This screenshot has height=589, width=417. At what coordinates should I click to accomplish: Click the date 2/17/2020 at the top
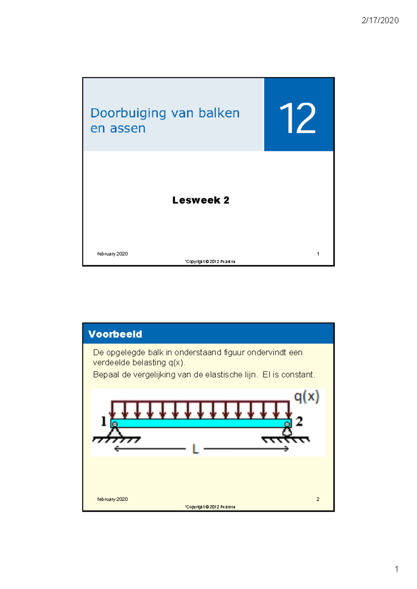point(380,20)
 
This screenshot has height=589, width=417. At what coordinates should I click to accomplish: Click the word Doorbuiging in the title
point(128,113)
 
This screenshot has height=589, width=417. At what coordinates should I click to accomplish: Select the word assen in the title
point(128,128)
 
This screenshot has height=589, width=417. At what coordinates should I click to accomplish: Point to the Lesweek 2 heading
point(201,200)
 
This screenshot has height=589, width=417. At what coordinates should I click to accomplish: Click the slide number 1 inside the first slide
point(318,254)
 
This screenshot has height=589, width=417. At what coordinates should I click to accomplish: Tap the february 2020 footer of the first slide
point(112,254)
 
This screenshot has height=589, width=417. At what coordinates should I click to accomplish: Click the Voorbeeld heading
point(115,334)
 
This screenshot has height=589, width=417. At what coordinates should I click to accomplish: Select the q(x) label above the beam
point(306,396)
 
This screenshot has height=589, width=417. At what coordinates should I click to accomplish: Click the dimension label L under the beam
point(195,449)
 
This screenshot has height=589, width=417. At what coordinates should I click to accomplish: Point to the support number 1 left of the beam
point(103,421)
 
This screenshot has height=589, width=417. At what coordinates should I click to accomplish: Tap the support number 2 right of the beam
point(299,421)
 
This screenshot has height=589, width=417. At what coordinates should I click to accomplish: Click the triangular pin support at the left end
point(115,432)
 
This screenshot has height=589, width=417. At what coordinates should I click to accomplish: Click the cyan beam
point(201,423)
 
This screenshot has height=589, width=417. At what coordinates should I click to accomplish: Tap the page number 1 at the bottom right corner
point(396,569)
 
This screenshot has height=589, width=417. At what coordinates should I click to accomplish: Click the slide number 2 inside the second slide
point(318,499)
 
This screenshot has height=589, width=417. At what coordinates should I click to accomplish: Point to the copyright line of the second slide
point(210,507)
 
